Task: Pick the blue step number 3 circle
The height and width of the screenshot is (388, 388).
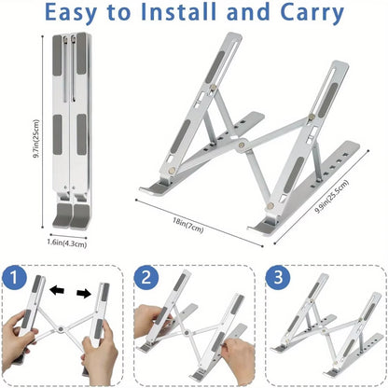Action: (x=277, y=279)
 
